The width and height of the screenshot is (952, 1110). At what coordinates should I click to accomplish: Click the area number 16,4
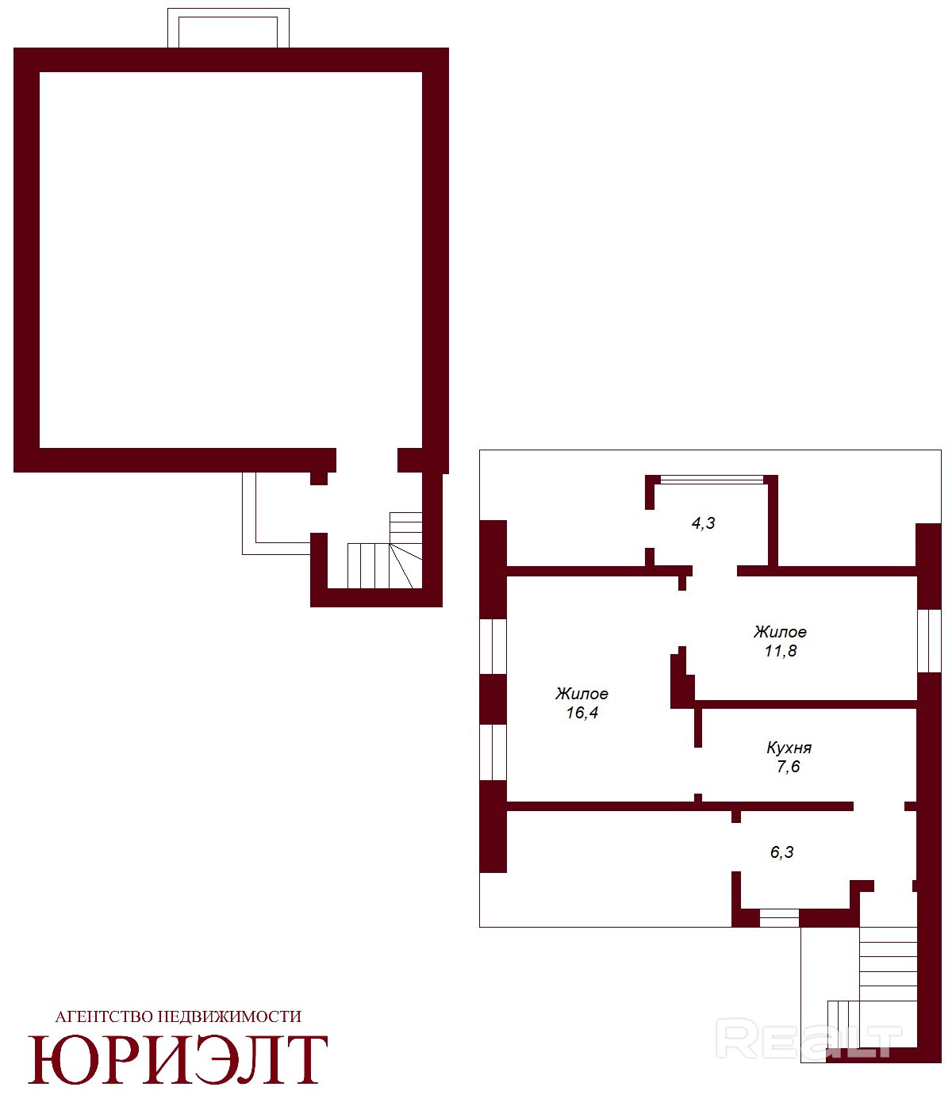582,713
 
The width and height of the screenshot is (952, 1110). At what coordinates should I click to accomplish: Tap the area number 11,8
780,651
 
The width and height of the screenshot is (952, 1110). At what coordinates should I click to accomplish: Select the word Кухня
788,747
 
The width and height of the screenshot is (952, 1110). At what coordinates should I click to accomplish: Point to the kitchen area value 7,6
788,767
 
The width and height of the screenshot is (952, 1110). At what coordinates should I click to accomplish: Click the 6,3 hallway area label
781,852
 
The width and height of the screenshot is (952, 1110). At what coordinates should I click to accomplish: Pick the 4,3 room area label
703,523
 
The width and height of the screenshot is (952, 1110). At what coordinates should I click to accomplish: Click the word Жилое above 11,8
780,632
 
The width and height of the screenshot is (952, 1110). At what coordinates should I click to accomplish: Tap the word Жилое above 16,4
582,693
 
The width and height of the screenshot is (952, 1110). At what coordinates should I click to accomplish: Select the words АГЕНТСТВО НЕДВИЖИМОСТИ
178,1016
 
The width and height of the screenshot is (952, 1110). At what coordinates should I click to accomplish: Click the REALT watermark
808,1040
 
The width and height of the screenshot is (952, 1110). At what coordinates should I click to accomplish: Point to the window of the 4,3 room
711,480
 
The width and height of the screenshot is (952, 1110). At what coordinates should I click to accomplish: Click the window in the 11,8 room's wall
929,641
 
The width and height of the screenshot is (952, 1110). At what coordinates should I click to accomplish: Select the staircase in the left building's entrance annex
385,550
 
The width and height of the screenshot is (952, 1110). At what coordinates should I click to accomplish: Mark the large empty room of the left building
231,260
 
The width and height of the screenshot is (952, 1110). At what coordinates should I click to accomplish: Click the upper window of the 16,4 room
493,646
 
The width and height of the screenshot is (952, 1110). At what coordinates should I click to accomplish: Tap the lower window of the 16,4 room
493,752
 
